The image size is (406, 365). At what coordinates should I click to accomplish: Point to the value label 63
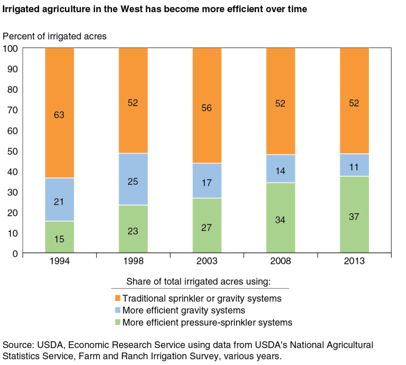click(x=60, y=115)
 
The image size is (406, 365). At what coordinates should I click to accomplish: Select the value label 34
click(x=281, y=220)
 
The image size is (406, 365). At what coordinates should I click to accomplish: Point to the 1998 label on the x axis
click(x=133, y=262)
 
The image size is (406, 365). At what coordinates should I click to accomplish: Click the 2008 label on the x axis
click(x=281, y=262)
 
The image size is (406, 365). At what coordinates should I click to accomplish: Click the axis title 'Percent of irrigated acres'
click(x=55, y=36)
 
